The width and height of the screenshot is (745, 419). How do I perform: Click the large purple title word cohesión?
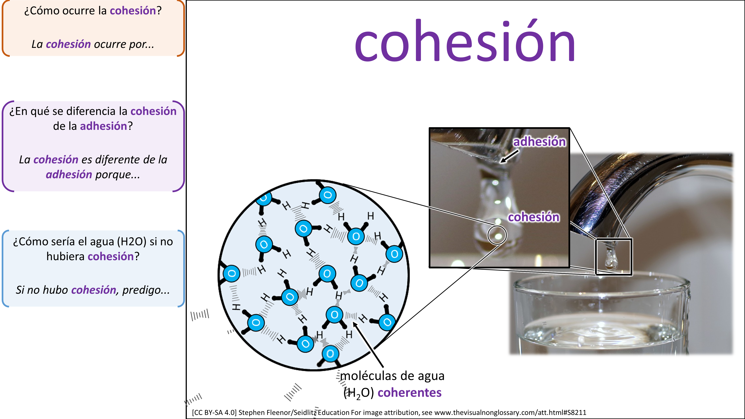[465, 40]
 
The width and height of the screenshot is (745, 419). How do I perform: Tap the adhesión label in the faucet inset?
[539, 142]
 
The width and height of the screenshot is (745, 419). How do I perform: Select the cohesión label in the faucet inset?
[534, 217]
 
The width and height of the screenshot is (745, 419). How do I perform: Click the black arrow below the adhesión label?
[510, 156]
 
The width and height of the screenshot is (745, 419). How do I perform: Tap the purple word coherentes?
[410, 392]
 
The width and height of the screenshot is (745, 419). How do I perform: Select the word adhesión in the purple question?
[104, 126]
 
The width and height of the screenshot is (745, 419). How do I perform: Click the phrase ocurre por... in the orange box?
[124, 44]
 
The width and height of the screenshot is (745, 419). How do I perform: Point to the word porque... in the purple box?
[117, 175]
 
